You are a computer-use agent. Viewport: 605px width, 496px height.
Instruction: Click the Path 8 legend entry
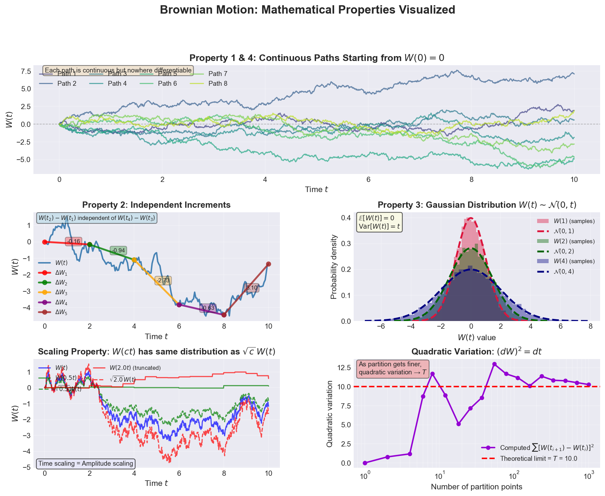tap(218, 84)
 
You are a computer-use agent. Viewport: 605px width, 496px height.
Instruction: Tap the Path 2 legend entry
tap(66, 84)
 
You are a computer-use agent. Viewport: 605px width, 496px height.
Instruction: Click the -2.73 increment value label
tap(163, 281)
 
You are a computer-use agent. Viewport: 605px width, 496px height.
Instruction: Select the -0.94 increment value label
tap(118, 251)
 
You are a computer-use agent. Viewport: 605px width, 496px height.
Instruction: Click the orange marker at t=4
tap(134, 260)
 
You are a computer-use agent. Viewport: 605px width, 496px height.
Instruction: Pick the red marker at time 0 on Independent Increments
tap(45, 242)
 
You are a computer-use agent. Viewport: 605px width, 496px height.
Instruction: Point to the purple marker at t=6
tap(179, 305)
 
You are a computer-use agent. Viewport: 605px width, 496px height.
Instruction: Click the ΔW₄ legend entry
tap(61, 303)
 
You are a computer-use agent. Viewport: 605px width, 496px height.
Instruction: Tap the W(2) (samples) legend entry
tap(574, 241)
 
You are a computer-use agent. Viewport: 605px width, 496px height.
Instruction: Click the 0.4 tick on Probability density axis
tap(346, 218)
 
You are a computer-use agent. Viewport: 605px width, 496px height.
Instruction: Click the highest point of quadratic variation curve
tap(494, 364)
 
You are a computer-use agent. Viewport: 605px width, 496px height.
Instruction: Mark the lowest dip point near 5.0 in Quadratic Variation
tap(458, 424)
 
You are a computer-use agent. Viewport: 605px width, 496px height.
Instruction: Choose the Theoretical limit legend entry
tap(538, 459)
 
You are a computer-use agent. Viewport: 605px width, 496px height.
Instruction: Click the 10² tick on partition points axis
tap(514, 475)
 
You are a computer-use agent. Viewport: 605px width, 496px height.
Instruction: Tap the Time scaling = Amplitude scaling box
tap(86, 464)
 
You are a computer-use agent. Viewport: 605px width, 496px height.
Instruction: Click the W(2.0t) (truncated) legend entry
tap(135, 368)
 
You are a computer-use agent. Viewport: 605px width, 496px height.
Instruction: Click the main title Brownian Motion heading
tap(307, 10)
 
